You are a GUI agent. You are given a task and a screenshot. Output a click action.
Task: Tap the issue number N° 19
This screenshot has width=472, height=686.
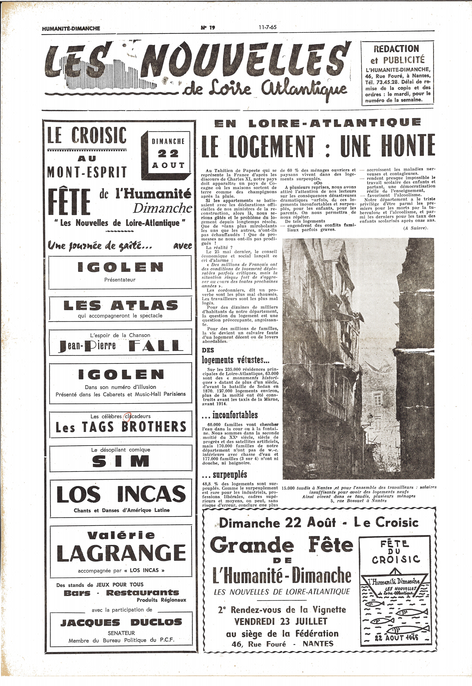click(x=208, y=28)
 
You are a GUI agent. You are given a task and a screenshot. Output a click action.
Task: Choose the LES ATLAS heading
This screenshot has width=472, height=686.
click(x=121, y=306)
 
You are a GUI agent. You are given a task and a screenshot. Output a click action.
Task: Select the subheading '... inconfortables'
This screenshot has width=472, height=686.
click(x=229, y=415)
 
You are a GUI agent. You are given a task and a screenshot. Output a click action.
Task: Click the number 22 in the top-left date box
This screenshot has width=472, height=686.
click(x=168, y=153)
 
